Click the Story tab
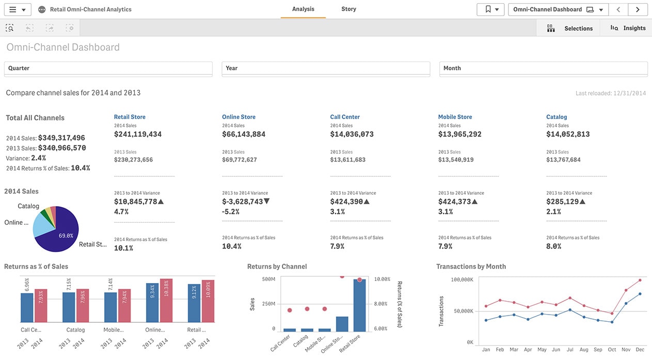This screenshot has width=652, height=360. pos(348,9)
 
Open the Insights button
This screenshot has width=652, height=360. pos(628,28)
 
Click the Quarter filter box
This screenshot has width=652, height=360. pos(108,68)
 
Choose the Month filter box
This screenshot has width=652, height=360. pos(543,68)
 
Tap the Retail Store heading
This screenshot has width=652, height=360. pos(130,117)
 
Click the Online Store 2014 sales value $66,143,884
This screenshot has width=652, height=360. pos(244,134)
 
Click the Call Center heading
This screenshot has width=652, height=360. pos(345,117)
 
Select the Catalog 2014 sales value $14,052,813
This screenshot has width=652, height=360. pos(568,134)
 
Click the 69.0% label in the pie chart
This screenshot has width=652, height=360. pos(66,236)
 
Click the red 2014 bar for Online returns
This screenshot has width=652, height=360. pos(166,302)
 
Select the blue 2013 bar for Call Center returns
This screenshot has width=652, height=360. pos(27,308)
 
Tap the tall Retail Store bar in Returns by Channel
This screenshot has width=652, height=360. pos(359,305)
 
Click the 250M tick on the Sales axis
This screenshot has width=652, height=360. pos(268,304)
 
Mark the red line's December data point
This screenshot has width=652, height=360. pos(640,280)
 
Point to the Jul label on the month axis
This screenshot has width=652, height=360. pos(569,350)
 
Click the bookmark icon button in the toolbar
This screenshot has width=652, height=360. pos(490,9)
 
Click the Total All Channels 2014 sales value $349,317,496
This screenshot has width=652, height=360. pos(61,138)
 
